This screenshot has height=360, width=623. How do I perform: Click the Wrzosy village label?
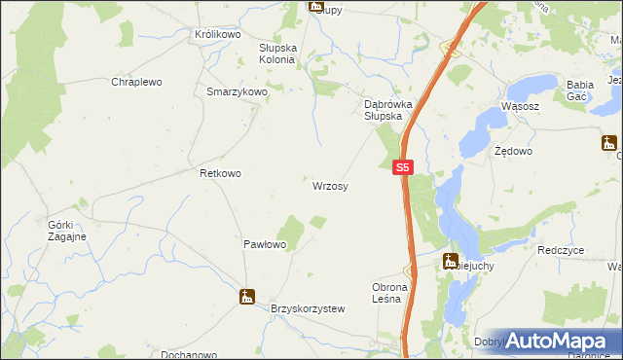point(331,185)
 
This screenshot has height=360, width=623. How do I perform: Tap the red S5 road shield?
point(405,167)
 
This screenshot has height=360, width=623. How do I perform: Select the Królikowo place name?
point(217,34)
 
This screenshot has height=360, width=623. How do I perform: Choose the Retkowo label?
point(220,173)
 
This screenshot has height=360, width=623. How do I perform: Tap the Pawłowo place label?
point(264,245)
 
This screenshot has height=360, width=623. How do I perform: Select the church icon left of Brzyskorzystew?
point(247,297)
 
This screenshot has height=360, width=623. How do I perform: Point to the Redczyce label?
point(560,250)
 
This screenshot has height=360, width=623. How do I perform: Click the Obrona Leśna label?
point(393,293)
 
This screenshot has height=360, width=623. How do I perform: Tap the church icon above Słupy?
point(315,6)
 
